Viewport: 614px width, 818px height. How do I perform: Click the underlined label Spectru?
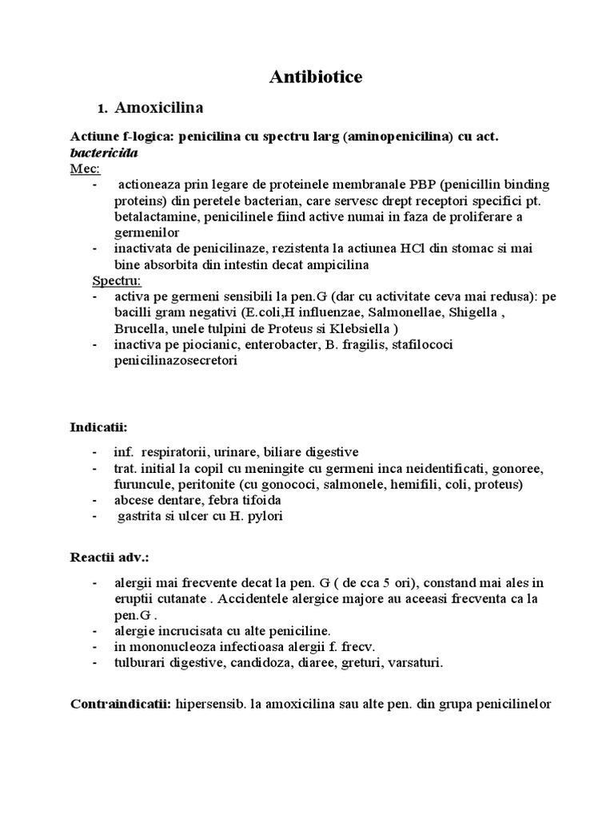[117, 280]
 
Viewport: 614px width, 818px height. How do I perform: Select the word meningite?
[274, 467]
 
